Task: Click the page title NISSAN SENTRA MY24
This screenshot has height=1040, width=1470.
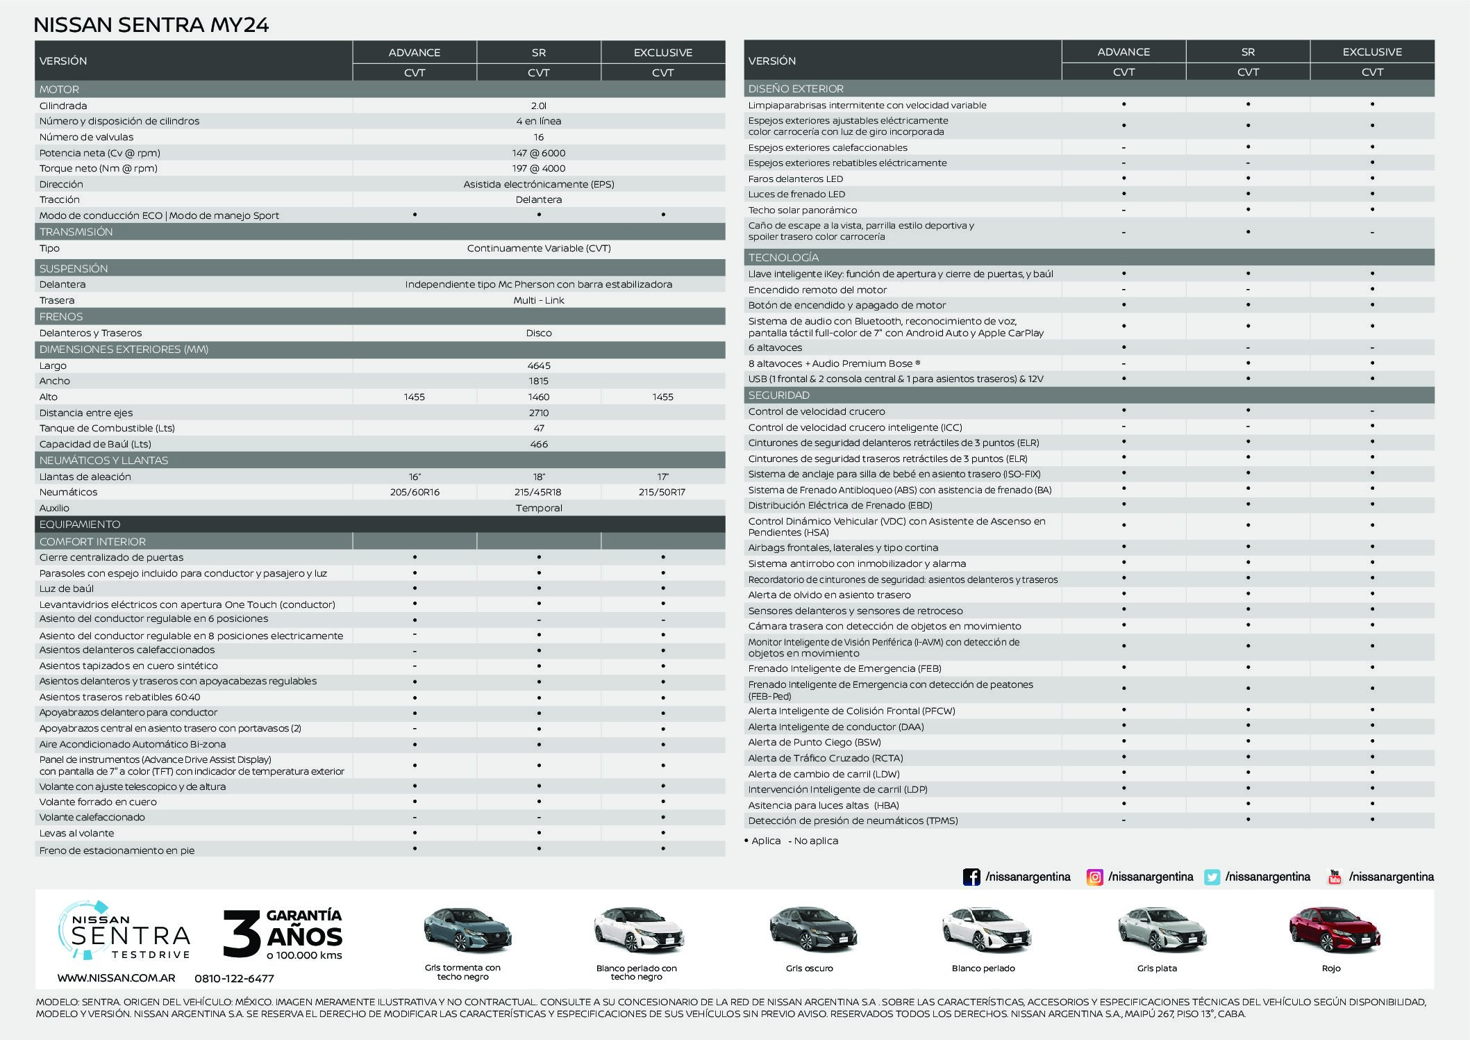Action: coord(151,25)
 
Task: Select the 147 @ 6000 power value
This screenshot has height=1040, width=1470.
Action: coord(538,153)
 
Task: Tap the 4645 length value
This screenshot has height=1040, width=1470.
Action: coord(538,365)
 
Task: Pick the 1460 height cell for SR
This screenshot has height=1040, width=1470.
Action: coord(538,397)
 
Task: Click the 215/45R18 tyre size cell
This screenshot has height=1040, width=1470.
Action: coord(538,492)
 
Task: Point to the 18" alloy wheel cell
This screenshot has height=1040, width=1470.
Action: coord(538,477)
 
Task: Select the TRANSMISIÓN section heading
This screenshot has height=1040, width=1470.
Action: coord(76,232)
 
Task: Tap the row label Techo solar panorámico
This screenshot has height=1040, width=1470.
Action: coord(802,210)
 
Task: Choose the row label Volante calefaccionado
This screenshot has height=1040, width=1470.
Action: coord(92,817)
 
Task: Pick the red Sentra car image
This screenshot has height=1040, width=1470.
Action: coord(1334,931)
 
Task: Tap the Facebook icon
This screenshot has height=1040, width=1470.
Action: coord(971,877)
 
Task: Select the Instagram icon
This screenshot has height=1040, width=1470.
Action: coord(1094,877)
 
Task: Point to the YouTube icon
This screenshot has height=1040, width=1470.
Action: coord(1334,877)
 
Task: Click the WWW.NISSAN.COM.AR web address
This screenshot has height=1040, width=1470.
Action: coord(116,978)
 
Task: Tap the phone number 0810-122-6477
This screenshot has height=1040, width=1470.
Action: coord(234,978)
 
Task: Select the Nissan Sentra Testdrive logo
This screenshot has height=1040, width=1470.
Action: coord(123,931)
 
